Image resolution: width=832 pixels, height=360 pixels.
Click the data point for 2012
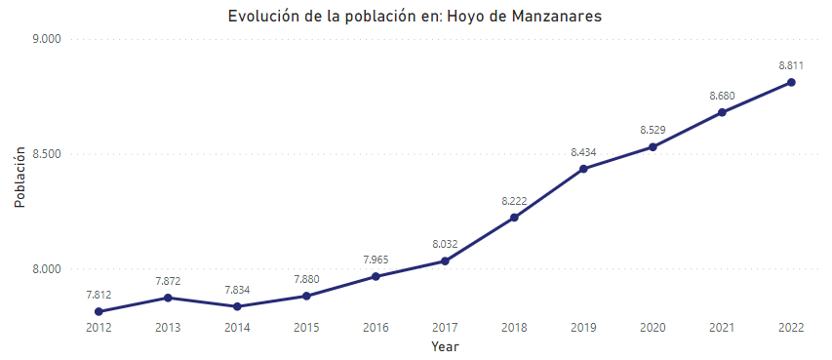tap(99, 311)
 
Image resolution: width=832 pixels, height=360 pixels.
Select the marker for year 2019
tap(583, 169)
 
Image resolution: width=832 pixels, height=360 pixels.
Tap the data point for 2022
tap(791, 82)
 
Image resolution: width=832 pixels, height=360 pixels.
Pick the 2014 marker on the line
tap(238, 306)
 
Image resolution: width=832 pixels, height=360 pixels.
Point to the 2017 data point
tap(445, 260)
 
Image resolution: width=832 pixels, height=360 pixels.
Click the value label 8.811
tap(791, 64)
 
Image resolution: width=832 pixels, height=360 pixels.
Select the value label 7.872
tap(169, 280)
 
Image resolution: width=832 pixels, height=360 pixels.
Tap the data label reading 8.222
tap(514, 200)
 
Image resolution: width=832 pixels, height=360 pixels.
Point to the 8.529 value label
tap(653, 130)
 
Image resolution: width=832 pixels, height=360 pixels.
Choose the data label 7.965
tap(376, 260)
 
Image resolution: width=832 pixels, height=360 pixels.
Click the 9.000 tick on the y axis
tap(46, 39)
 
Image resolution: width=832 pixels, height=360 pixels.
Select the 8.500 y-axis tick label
tap(46, 154)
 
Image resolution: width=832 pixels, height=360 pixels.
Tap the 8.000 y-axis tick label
tap(46, 269)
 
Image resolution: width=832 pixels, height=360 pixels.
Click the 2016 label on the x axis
tap(376, 328)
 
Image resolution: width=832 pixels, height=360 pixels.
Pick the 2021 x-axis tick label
tap(722, 328)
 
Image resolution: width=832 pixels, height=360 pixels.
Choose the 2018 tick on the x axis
tap(514, 328)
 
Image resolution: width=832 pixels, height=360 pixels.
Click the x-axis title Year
tap(445, 346)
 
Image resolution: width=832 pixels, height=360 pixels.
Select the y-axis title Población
tap(20, 178)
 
